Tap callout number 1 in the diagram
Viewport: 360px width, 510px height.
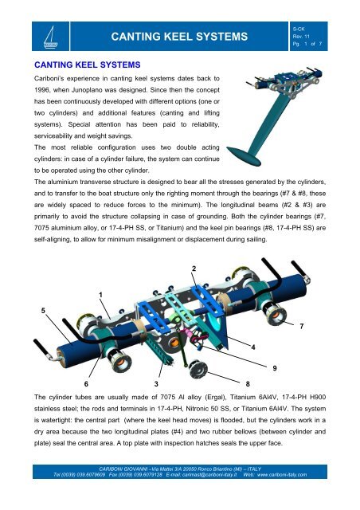pyautogui.click(x=100, y=295)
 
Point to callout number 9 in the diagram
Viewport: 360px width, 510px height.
pyautogui.click(x=275, y=367)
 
